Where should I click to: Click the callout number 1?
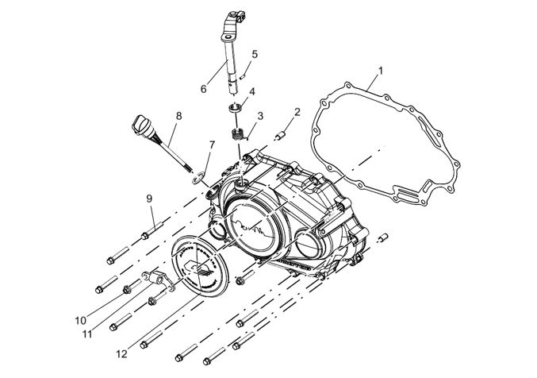[x=381, y=71]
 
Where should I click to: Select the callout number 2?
[x=296, y=112]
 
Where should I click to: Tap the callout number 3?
[x=259, y=116]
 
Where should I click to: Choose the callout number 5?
[x=255, y=54]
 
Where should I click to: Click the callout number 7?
[x=212, y=145]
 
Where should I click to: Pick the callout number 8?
[x=178, y=116]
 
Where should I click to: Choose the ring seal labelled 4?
[x=236, y=108]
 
